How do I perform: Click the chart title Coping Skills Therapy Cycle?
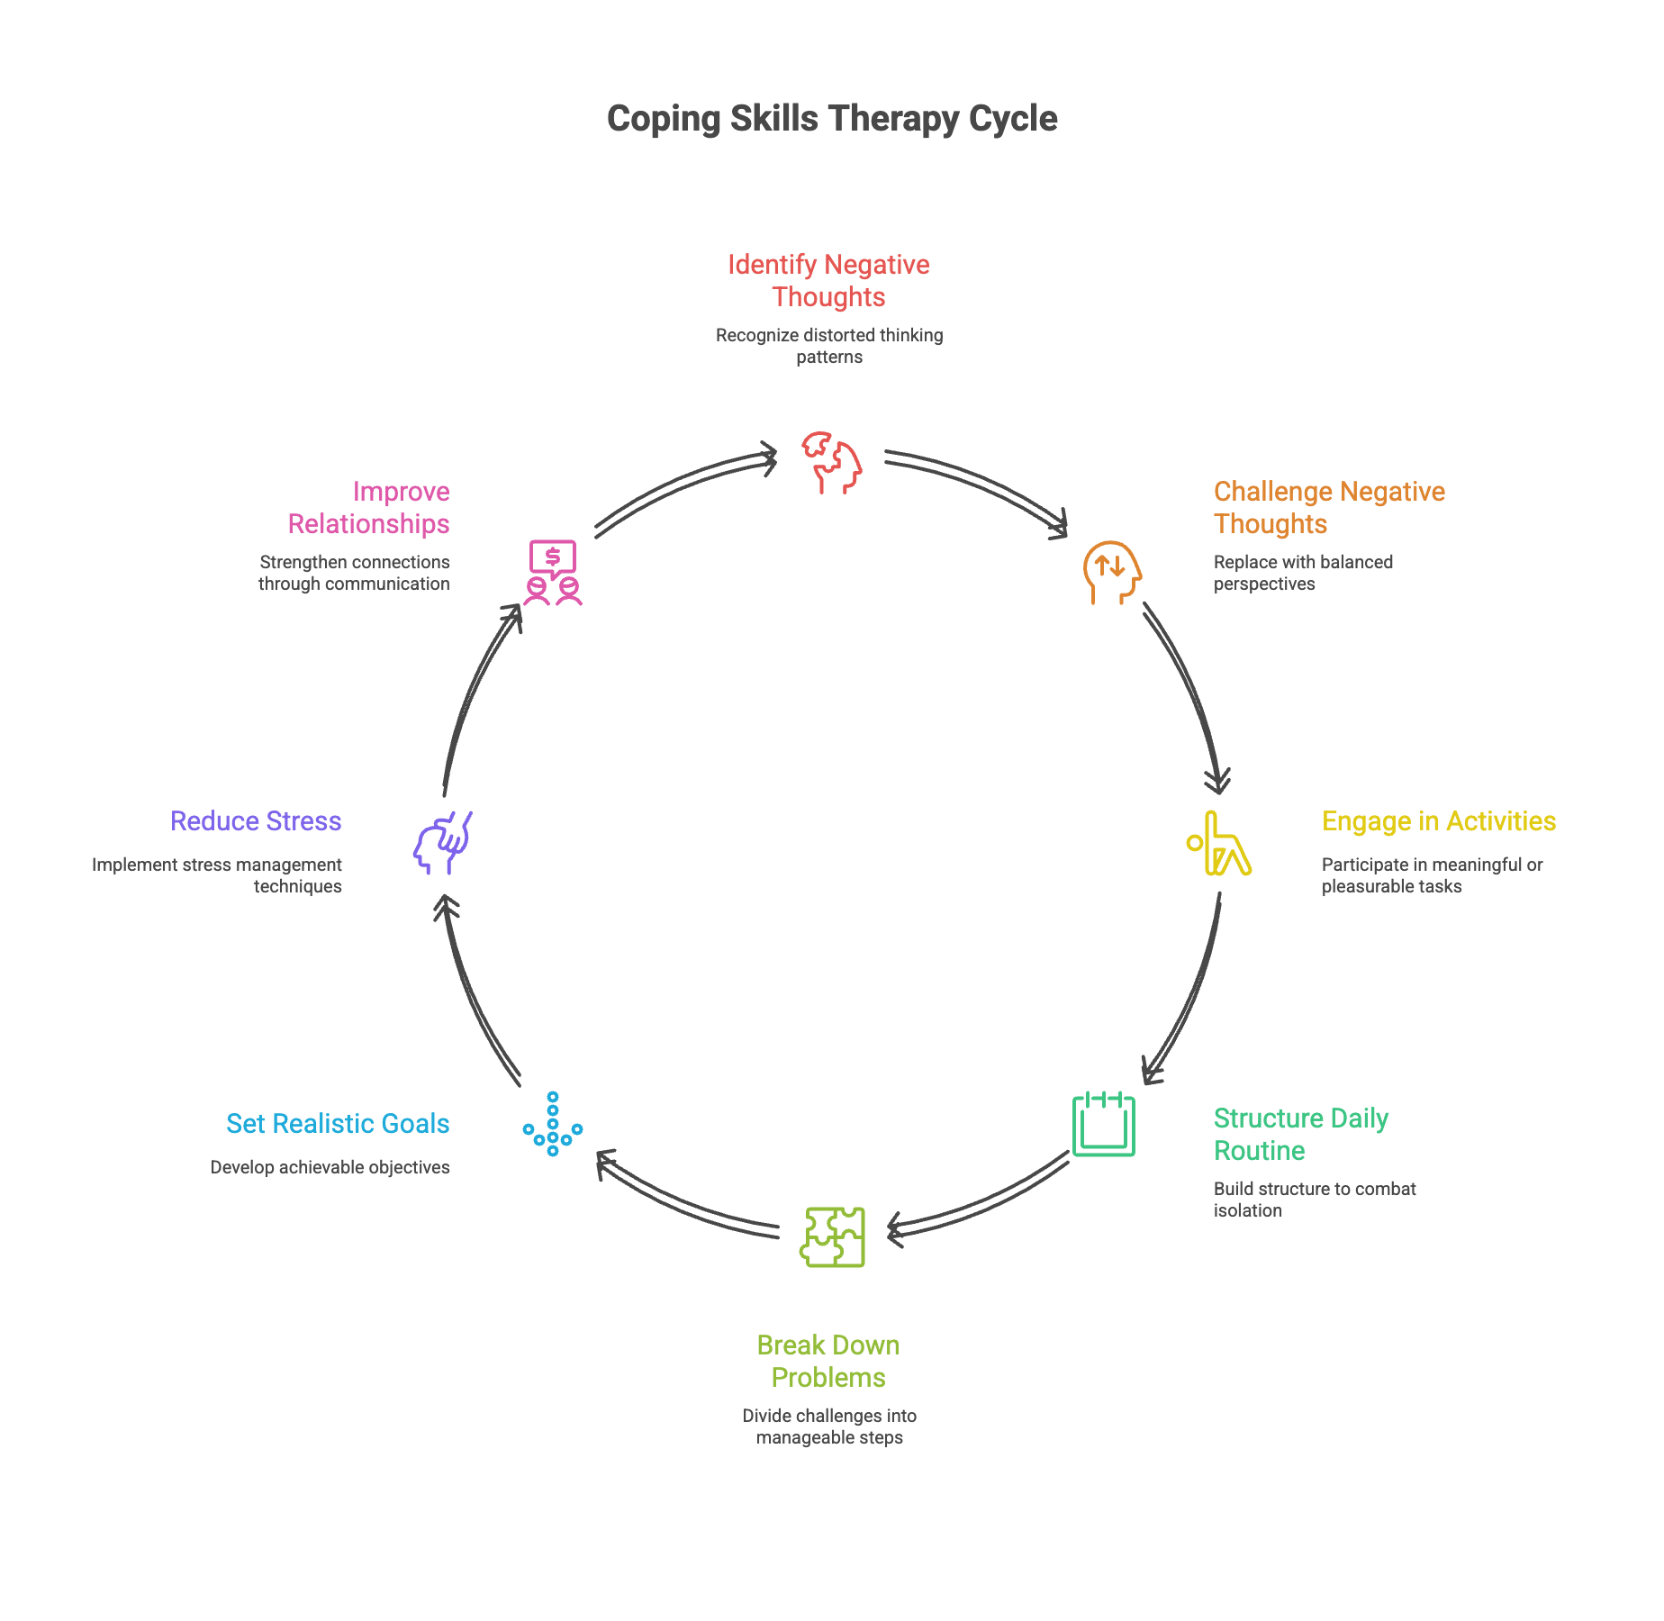tap(831, 119)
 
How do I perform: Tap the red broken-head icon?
tap(831, 463)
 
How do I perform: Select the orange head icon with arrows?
tap(1111, 573)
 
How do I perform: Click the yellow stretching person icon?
tap(1219, 844)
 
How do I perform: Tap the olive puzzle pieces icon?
tap(832, 1236)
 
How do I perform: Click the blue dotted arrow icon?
tap(552, 1125)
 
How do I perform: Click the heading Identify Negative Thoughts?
tap(828, 281)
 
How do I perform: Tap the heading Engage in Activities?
tap(1438, 821)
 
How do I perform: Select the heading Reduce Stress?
tap(256, 821)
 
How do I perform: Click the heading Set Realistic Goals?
tap(338, 1124)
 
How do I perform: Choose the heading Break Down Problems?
tap(828, 1361)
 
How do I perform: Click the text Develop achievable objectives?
tap(330, 1167)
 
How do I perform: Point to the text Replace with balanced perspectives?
tap(1302, 573)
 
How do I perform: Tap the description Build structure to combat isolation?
tap(1314, 1200)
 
